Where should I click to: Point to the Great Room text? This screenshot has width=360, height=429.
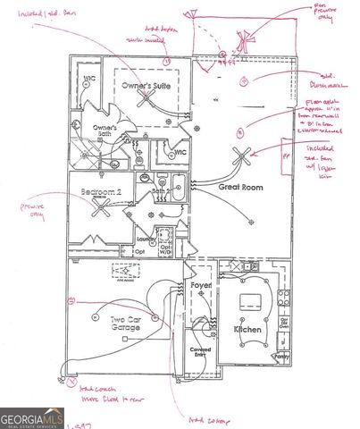pyautogui.click(x=241, y=189)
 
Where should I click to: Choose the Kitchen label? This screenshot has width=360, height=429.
pyautogui.click(x=247, y=330)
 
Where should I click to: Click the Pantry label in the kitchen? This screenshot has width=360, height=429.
pyautogui.click(x=282, y=357)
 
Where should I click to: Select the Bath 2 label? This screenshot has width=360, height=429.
pyautogui.click(x=161, y=191)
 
